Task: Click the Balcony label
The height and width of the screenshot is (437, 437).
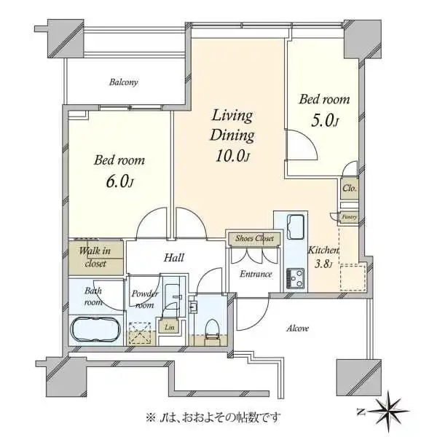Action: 124,82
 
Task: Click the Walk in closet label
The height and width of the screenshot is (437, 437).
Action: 95,257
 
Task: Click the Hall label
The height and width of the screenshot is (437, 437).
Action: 173,258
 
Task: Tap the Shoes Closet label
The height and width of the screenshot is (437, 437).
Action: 254,237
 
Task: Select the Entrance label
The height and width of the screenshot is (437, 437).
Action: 256,274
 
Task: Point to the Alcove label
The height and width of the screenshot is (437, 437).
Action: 296,328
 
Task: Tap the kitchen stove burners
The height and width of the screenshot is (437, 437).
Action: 298,277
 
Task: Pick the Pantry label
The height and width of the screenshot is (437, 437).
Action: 348,216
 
